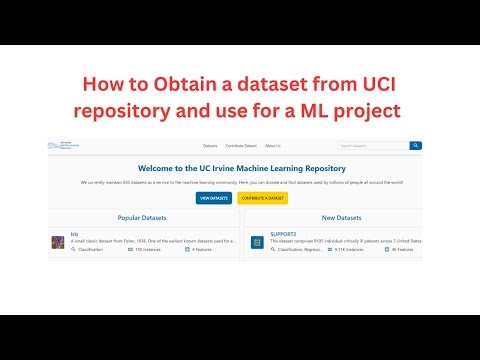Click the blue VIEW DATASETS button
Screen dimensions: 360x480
[x=214, y=198]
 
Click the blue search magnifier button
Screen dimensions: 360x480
[x=416, y=146]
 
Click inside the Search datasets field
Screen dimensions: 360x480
[x=372, y=146]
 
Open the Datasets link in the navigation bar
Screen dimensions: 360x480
[x=210, y=146]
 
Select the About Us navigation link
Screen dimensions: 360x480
[x=273, y=146]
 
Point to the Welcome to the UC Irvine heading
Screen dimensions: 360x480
[x=239, y=168]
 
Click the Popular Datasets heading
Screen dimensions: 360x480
[x=141, y=217]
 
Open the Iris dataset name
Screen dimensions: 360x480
[x=74, y=234]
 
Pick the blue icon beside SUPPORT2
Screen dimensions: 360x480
[x=257, y=241]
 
